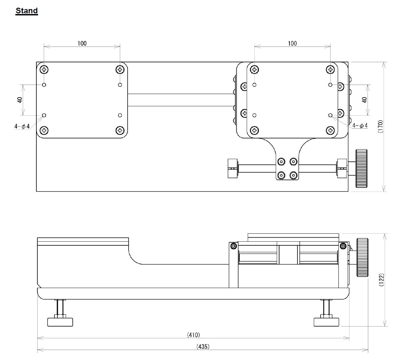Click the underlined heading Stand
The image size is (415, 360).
pyautogui.click(x=27, y=11)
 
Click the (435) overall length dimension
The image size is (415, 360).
pyautogui.click(x=203, y=346)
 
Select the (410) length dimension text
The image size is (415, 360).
pyautogui.click(x=194, y=335)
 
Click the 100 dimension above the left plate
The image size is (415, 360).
pyautogui.click(x=82, y=43)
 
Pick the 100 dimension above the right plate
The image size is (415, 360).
pyautogui.click(x=292, y=43)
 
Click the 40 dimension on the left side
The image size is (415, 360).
pyautogui.click(x=20, y=100)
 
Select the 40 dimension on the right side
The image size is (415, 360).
pyautogui.click(x=364, y=100)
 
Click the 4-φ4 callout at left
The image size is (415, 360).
pyautogui.click(x=22, y=126)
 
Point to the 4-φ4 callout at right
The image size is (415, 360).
pyautogui.click(x=360, y=126)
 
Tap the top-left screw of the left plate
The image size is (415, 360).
pyautogui.click(x=44, y=70)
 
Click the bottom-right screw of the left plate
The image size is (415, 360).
pyautogui.click(x=120, y=130)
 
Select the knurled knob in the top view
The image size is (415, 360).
pyautogui.click(x=361, y=168)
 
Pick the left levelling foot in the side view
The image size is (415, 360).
pyautogui.click(x=60, y=321)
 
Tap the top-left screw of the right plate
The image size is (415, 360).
pyautogui.click(x=254, y=70)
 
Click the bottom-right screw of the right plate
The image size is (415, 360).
pyautogui.click(x=330, y=130)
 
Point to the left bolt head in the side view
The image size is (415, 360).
pyautogui.click(x=234, y=246)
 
